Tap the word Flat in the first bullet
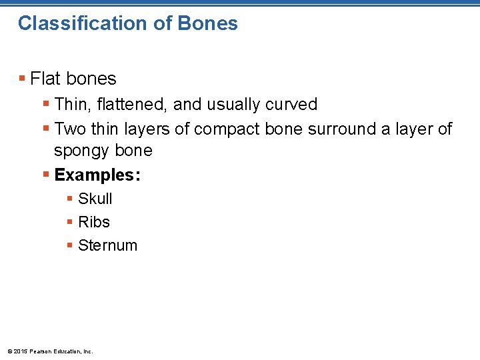(x=45, y=79)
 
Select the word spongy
(x=82, y=151)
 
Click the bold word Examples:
(x=97, y=175)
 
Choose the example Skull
(x=95, y=199)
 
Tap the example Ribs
(x=94, y=222)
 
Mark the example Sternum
(x=107, y=245)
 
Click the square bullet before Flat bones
(x=23, y=79)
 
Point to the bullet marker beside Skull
(x=70, y=199)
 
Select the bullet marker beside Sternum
(x=70, y=246)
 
